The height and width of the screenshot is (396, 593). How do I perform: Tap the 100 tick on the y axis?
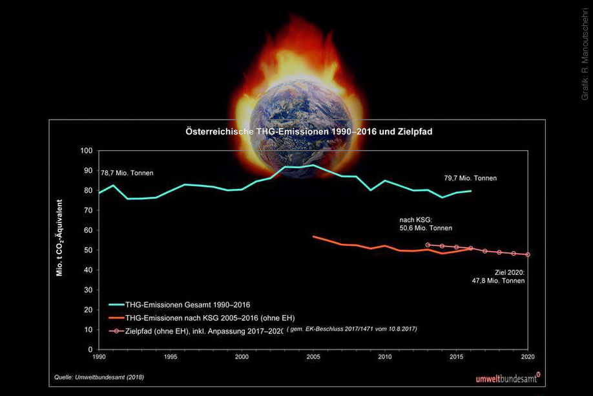[x=87, y=151]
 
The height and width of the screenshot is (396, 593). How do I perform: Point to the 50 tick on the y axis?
[x=88, y=250]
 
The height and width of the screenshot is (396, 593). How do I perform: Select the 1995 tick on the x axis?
[x=171, y=357]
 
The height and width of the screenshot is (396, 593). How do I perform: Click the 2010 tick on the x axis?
[x=385, y=357]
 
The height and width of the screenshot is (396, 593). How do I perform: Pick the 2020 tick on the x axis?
[x=528, y=357]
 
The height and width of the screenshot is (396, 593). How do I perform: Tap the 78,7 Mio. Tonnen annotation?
[x=127, y=173]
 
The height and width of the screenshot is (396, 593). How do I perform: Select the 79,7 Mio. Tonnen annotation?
[x=470, y=178]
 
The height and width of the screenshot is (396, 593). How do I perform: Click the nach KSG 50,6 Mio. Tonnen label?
[x=426, y=224]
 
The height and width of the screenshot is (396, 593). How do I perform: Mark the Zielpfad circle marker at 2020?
[x=528, y=254]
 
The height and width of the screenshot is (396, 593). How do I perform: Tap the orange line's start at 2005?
[x=313, y=237]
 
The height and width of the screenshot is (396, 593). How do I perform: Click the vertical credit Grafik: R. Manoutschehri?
[x=585, y=53]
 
